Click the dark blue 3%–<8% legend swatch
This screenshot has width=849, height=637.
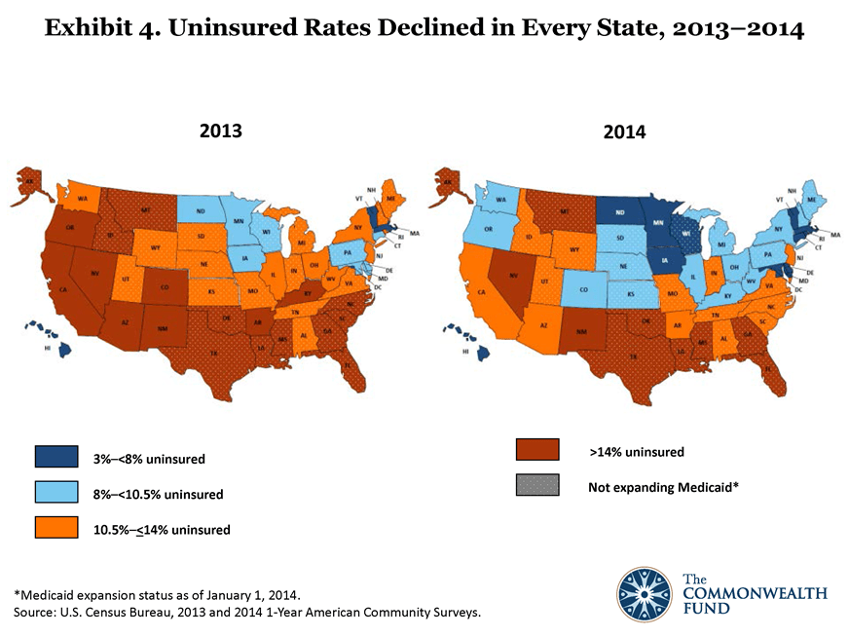[x=51, y=456]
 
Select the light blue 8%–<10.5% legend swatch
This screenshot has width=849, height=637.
[x=51, y=492]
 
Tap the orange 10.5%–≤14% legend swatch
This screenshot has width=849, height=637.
[x=51, y=528]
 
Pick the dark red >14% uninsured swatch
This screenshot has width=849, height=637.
[x=538, y=449]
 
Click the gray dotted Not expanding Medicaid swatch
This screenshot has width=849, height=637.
[x=538, y=484]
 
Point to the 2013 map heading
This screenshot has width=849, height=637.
[x=220, y=130]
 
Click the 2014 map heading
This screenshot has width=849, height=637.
[x=624, y=131]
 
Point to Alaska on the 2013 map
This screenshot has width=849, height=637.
[x=26, y=185]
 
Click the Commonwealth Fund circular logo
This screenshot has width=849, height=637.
[x=646, y=593]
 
